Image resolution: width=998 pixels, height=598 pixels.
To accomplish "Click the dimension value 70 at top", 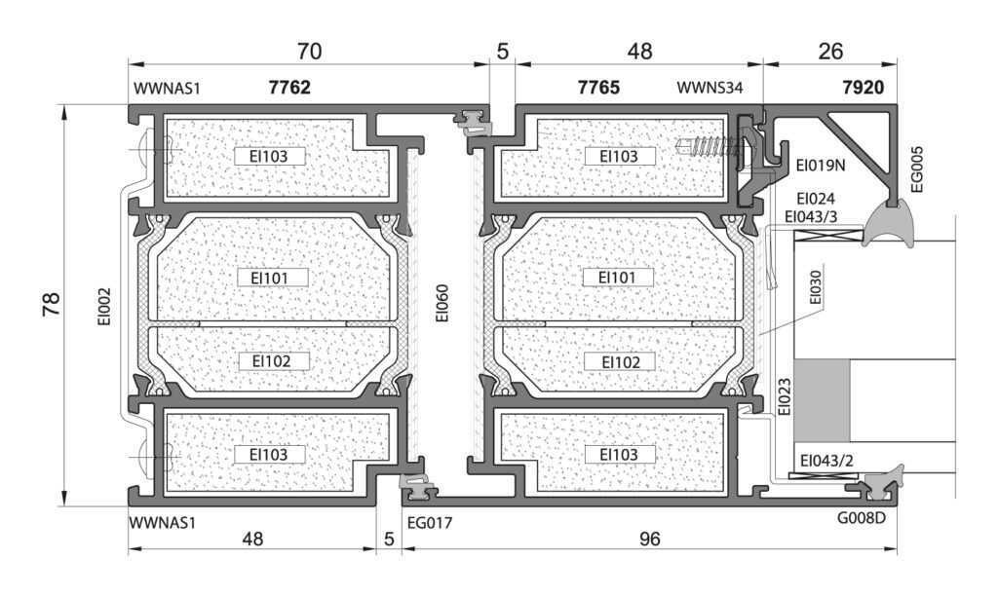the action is click(x=309, y=51).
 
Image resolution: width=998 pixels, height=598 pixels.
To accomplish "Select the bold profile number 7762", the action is click(x=289, y=87).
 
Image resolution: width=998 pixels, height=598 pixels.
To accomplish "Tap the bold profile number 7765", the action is click(x=598, y=87).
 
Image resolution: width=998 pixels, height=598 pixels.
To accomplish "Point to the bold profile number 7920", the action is click(x=864, y=87).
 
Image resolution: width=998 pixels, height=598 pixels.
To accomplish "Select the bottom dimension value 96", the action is click(x=649, y=540).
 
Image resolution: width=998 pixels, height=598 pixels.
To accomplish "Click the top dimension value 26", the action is click(x=830, y=51).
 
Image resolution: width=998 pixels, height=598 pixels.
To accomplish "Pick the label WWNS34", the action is click(x=710, y=88).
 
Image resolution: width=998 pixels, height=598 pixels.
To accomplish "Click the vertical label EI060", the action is click(x=442, y=303).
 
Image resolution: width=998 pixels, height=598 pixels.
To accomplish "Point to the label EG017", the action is click(x=430, y=523).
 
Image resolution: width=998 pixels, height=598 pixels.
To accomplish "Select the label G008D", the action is click(x=862, y=518).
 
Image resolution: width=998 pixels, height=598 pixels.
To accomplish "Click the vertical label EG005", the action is click(x=917, y=169).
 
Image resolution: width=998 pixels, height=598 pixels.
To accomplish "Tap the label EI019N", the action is click(x=821, y=166).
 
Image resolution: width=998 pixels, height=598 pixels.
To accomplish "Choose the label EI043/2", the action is click(x=826, y=461).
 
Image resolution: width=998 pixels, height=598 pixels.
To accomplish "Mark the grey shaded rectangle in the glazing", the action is click(x=822, y=400).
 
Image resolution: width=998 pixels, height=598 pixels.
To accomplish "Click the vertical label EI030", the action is click(x=816, y=287).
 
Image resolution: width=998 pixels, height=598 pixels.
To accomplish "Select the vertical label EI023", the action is click(x=785, y=397).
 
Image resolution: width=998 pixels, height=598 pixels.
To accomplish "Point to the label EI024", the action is click(x=816, y=199).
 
